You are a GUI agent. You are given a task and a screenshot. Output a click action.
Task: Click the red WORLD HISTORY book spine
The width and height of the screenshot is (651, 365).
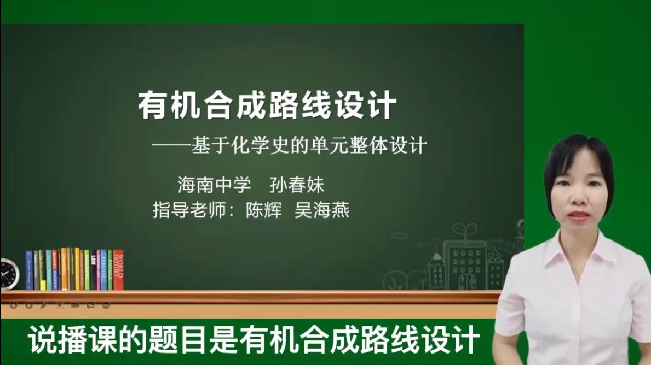tap(118, 270)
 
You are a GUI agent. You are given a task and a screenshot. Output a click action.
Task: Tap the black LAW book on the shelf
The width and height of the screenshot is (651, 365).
tap(93, 270)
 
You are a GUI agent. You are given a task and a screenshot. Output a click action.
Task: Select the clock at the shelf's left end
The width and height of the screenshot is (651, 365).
tap(9, 274)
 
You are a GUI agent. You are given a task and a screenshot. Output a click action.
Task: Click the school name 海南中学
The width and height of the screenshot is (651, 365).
tap(214, 185)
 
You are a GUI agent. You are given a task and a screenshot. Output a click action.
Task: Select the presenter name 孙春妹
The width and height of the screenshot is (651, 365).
tap(297, 185)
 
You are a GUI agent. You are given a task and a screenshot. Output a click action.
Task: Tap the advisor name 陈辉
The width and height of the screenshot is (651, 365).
tap(263, 210)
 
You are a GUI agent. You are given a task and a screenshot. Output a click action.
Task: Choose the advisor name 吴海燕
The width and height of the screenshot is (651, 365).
tap(322, 210)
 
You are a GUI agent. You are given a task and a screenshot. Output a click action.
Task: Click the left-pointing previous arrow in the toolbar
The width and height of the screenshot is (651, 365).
tap(13, 305)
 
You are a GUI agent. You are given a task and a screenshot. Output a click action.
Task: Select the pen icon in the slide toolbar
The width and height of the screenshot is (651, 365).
tap(44, 305)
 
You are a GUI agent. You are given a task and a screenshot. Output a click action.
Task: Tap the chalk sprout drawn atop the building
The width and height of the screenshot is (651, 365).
tap(464, 231)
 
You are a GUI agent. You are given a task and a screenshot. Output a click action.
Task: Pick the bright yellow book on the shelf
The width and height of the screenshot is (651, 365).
tap(77, 269)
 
